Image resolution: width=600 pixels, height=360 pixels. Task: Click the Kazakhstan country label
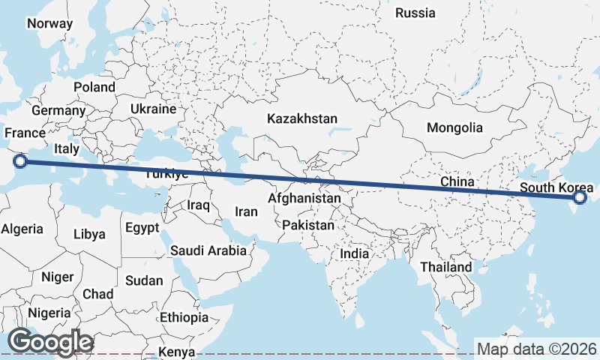tap(303, 118)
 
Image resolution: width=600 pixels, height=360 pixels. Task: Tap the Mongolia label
tap(454, 127)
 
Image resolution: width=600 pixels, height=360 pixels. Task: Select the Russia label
tap(415, 13)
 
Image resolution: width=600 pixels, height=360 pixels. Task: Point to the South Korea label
tap(556, 187)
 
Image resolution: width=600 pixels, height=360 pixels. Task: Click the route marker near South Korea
tap(579, 198)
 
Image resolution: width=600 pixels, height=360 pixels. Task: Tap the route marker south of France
tap(21, 160)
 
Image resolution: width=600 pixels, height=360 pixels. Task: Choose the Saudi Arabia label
tap(208, 250)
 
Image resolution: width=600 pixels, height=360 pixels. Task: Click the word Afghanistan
tap(304, 199)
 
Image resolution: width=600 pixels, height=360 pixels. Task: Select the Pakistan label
tap(309, 225)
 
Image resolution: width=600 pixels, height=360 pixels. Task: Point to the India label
tap(355, 253)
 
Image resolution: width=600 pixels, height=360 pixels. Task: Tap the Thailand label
tap(446, 267)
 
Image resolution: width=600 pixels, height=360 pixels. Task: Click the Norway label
tap(49, 23)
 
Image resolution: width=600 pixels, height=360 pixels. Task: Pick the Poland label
tap(94, 87)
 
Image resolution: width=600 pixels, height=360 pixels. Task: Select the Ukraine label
tap(153, 109)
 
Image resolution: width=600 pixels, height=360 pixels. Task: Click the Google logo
tap(50, 342)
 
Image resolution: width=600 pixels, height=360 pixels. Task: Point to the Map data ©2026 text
tap(537, 349)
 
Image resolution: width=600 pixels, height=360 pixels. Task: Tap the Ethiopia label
tap(184, 317)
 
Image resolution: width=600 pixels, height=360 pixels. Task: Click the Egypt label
tap(142, 227)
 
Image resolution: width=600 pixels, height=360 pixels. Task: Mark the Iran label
tap(246, 211)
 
